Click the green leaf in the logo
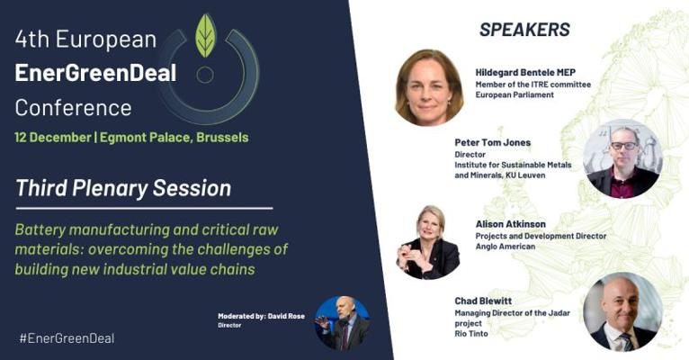(x=206, y=36)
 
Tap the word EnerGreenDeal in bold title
(x=95, y=73)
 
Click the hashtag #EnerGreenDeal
(x=67, y=338)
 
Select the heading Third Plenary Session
(x=123, y=188)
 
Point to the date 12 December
(x=53, y=137)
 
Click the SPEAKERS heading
(x=524, y=30)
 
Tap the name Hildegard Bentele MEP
(x=525, y=73)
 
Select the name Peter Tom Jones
(x=493, y=142)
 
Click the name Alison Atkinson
(x=511, y=224)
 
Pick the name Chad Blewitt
(x=483, y=301)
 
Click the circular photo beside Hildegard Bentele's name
(x=429, y=88)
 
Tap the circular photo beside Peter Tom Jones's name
(x=622, y=158)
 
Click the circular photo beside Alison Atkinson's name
(x=428, y=242)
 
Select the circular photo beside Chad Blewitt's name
(x=622, y=311)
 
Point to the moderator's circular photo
(x=343, y=323)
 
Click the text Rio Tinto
(x=471, y=334)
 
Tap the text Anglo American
(x=506, y=247)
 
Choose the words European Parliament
(x=515, y=94)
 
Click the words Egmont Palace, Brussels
(x=174, y=137)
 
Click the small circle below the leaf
(x=205, y=75)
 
